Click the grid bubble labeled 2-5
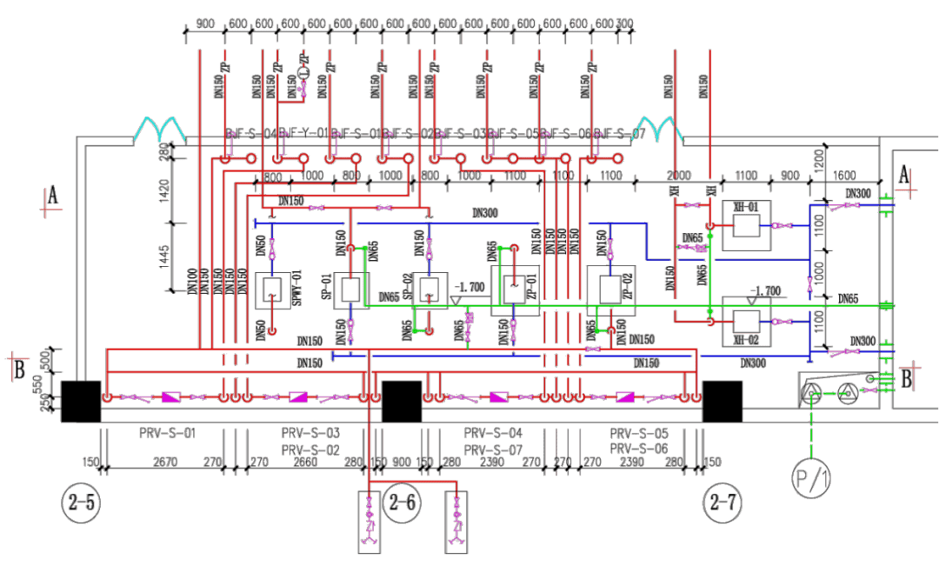76,500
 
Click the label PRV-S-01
168,432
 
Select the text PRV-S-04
493,432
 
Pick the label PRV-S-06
639,449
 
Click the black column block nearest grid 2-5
81,402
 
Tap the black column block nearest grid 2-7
723,402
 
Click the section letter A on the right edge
904,175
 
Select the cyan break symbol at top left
162,130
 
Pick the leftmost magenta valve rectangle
170,397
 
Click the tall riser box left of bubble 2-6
370,522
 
